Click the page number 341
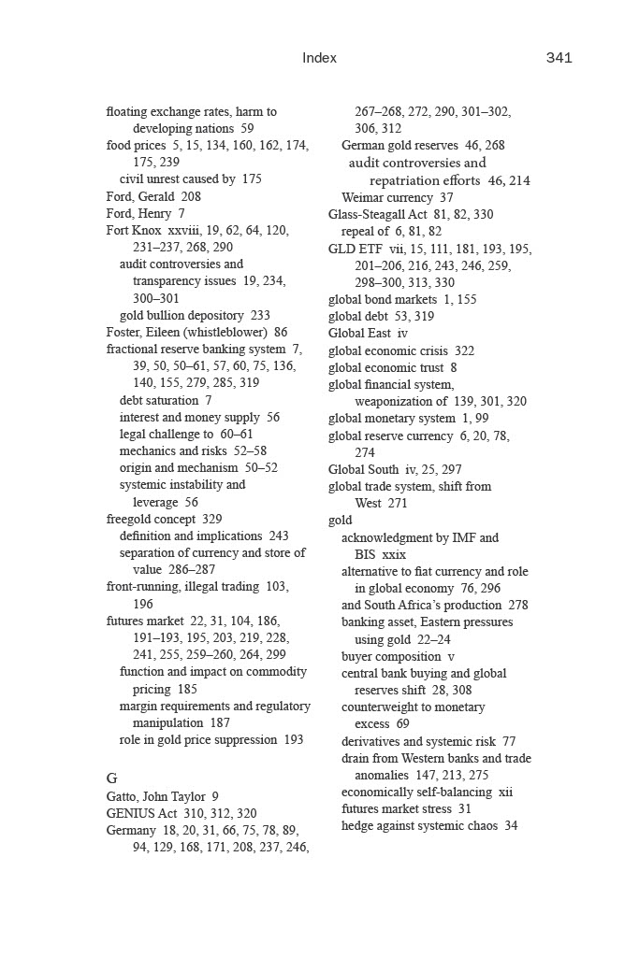click(x=559, y=58)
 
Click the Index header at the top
click(x=319, y=58)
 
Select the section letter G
click(x=112, y=778)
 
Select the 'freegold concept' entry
click(x=151, y=519)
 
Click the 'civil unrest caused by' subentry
click(x=178, y=179)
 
